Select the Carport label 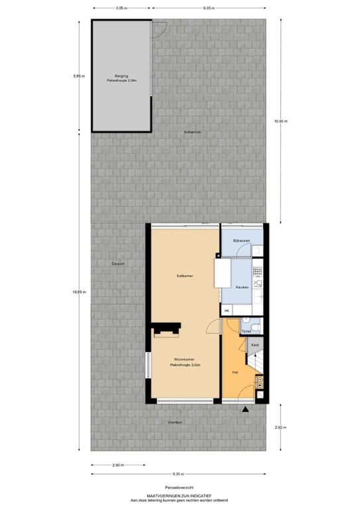[118, 264]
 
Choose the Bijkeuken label [241, 240]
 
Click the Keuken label [242, 287]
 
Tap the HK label [227, 311]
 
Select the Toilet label [245, 330]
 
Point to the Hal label [235, 372]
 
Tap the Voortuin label [175, 421]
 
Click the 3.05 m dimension [120, 9]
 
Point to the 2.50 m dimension [280, 427]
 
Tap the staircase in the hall [257, 363]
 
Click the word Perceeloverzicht [179, 486]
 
